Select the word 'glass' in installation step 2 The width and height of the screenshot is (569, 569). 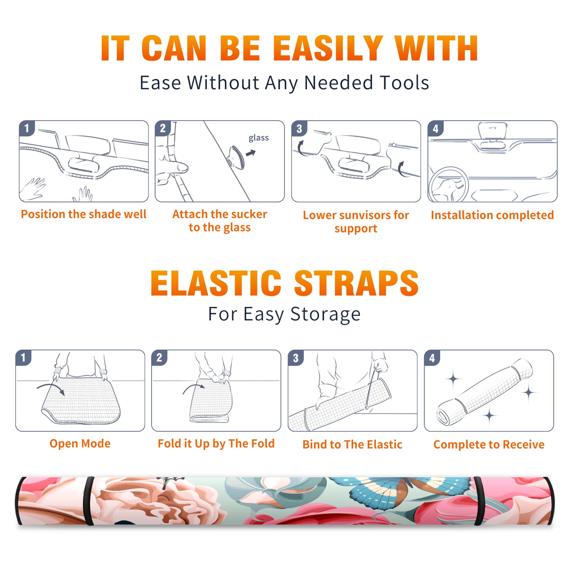259,138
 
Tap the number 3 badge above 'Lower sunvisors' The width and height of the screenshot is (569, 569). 299,128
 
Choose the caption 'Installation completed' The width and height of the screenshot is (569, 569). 492,215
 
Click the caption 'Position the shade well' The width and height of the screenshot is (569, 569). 84,214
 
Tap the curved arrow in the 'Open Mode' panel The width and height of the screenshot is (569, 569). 51,389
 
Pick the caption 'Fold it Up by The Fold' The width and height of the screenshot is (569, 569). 216,443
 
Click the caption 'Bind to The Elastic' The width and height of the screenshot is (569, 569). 352,445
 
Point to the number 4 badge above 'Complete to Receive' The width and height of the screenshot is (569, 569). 432,358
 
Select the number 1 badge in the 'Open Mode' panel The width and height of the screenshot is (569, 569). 23,358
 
